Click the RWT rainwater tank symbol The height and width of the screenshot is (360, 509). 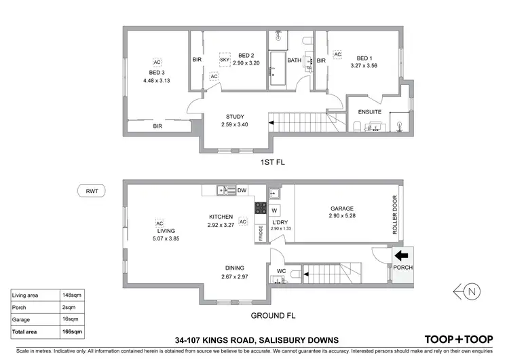click(x=92, y=191)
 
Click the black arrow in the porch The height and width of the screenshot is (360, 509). click(x=401, y=256)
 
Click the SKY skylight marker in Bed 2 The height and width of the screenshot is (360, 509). click(x=225, y=60)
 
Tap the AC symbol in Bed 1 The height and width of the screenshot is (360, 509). click(x=337, y=54)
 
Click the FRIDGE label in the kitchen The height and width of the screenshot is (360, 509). click(x=261, y=233)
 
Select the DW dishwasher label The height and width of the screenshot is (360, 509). click(x=242, y=191)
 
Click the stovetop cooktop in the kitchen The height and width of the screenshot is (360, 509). click(x=260, y=209)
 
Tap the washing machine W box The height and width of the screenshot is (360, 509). click(x=275, y=210)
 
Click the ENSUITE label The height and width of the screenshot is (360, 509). click(x=370, y=112)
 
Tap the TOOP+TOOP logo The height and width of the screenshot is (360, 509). click(x=459, y=339)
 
